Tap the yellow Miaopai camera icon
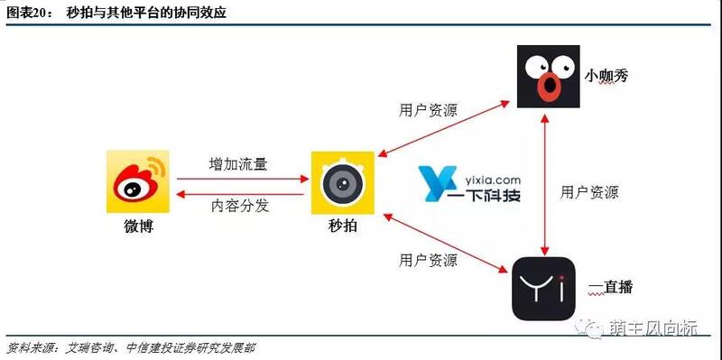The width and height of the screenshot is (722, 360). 343,182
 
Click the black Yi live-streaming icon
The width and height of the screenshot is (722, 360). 543,288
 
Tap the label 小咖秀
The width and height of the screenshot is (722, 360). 605,76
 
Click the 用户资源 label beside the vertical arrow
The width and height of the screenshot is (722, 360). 589,191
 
